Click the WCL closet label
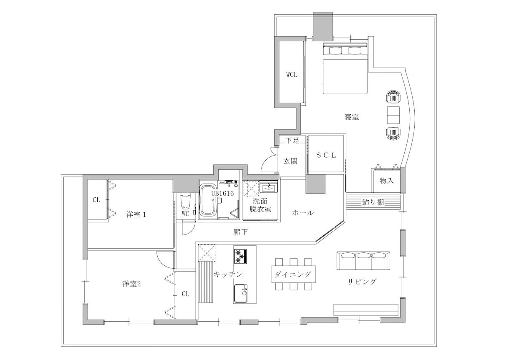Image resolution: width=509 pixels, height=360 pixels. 292,75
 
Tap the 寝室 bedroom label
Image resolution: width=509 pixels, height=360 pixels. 352,117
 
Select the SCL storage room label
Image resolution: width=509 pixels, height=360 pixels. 326,155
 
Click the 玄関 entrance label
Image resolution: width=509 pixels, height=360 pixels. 290,161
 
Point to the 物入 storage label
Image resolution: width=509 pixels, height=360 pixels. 386,181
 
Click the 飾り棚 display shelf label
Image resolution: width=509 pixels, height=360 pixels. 373,202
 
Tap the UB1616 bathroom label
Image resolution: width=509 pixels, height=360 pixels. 222,193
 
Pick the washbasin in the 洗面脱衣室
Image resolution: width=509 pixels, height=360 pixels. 269,188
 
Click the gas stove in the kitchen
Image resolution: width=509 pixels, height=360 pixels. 240,257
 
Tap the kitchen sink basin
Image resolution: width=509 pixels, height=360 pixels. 241,293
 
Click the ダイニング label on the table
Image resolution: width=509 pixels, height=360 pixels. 292,274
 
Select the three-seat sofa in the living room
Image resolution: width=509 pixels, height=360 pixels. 363,261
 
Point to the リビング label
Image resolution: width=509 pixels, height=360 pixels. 362,282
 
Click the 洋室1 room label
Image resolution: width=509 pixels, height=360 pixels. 136,215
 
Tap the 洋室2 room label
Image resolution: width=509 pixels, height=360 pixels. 131,284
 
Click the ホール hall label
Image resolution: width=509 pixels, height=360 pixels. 303,213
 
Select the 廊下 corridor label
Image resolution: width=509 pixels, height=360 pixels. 240,232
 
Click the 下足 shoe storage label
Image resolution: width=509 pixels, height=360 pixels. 292,140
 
